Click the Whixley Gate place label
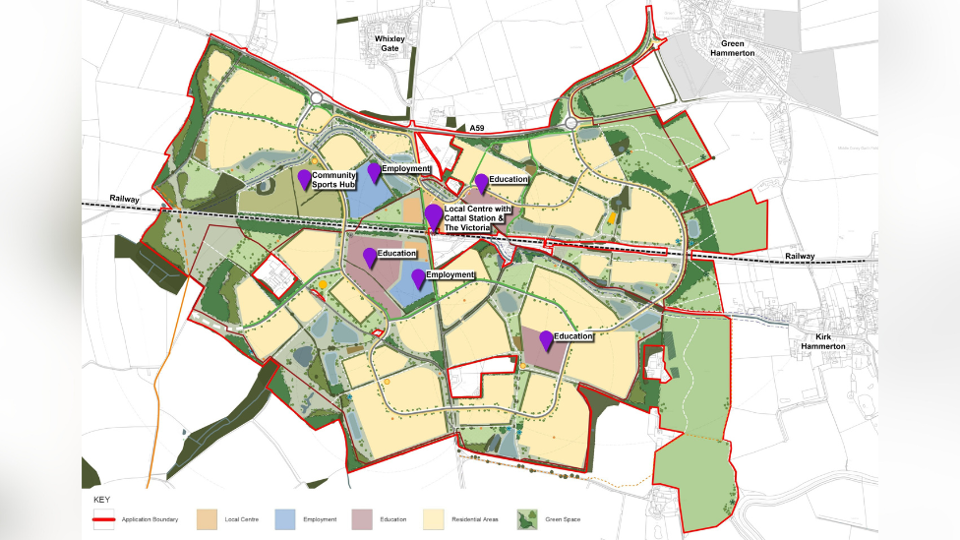390,43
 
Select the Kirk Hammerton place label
823,341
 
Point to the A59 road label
477,128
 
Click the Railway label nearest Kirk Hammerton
800,256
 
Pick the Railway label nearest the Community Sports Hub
125,199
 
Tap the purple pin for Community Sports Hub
305,179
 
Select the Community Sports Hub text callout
333,180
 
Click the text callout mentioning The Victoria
477,218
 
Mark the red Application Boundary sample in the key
104,518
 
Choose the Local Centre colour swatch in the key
207,518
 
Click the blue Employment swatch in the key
284,518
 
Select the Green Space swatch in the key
525,518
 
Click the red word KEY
101,501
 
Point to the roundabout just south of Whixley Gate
317,98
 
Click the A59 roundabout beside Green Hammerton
572,124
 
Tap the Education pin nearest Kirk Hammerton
546,340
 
